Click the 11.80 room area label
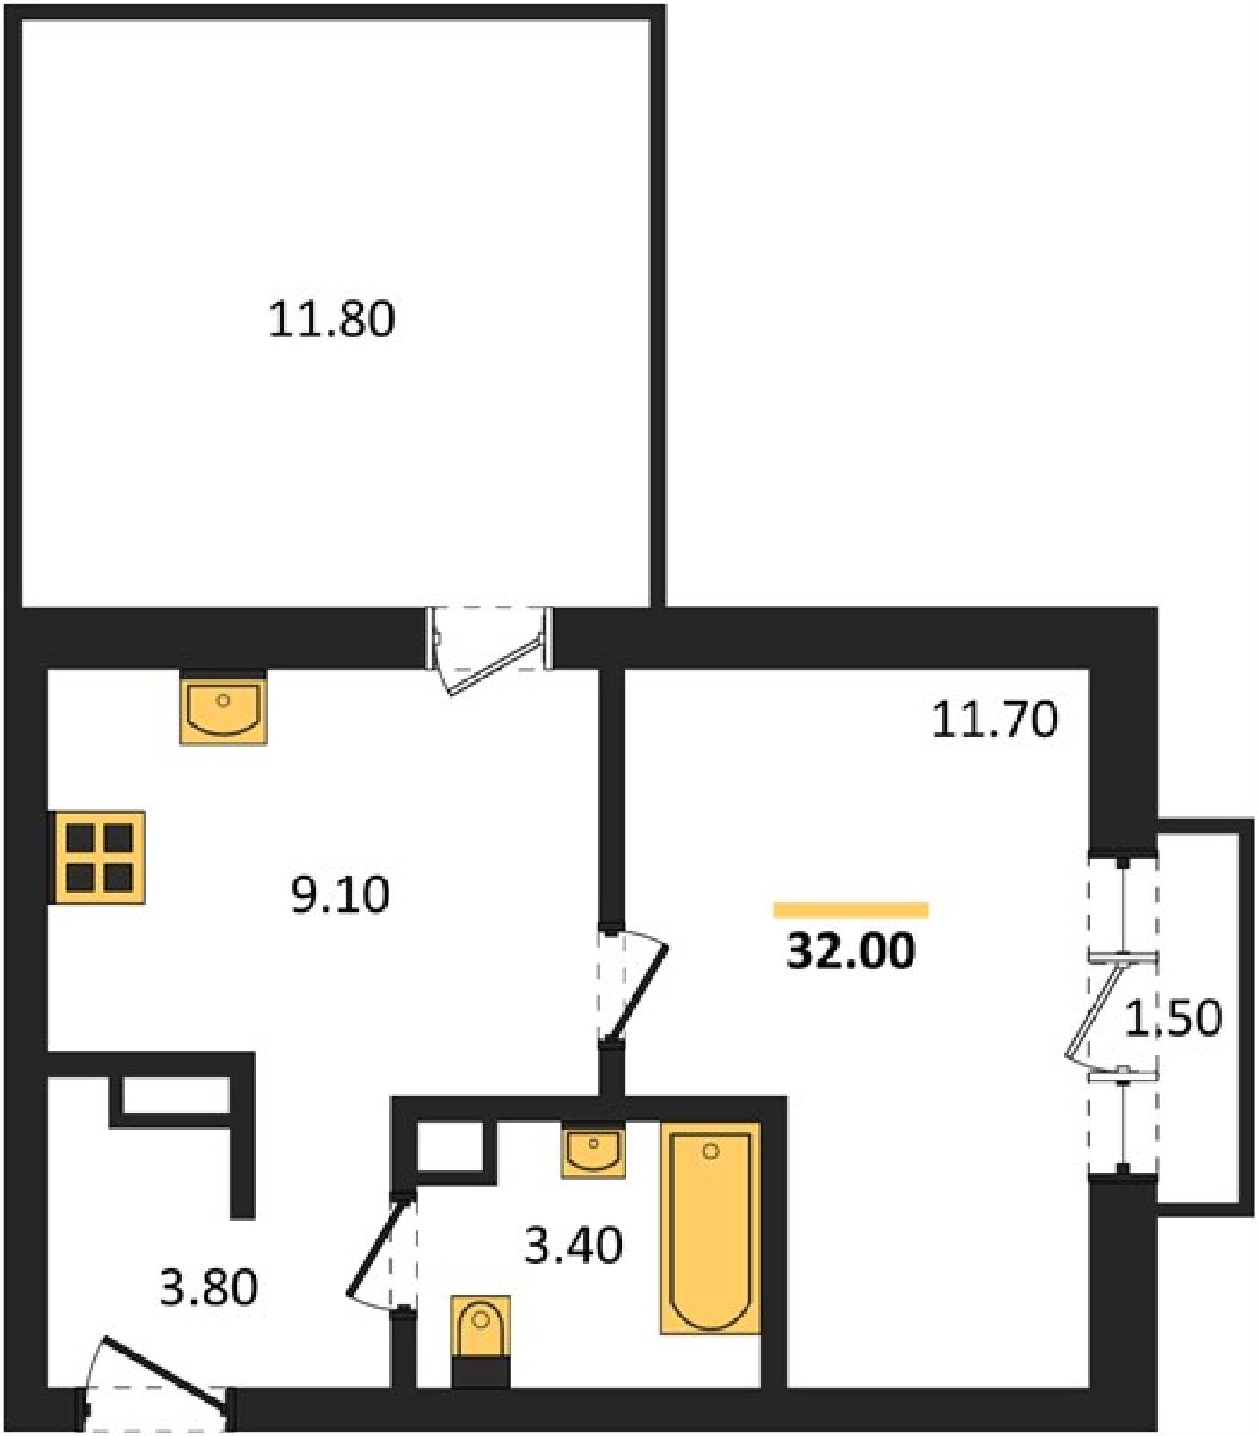(x=331, y=320)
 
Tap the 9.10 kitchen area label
(x=340, y=895)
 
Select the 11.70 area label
(x=994, y=720)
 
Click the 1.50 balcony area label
(x=1173, y=1019)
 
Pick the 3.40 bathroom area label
(x=572, y=1246)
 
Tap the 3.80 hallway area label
(x=208, y=1287)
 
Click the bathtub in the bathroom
(x=711, y=1228)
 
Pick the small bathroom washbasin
(x=593, y=1151)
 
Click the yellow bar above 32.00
(x=851, y=910)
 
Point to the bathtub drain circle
(x=712, y=1151)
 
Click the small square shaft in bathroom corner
(x=450, y=1147)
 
